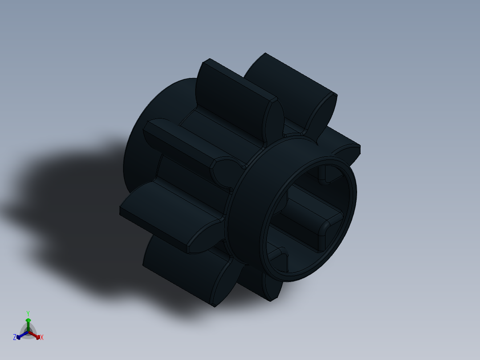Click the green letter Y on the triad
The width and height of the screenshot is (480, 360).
coord(28,313)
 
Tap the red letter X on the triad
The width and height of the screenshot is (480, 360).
coord(42,338)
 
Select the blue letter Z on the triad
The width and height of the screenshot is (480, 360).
coord(15,338)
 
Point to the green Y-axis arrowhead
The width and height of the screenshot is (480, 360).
coord(28,320)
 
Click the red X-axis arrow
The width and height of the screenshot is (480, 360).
coord(37,335)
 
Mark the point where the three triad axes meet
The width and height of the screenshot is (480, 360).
coord(28,332)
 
